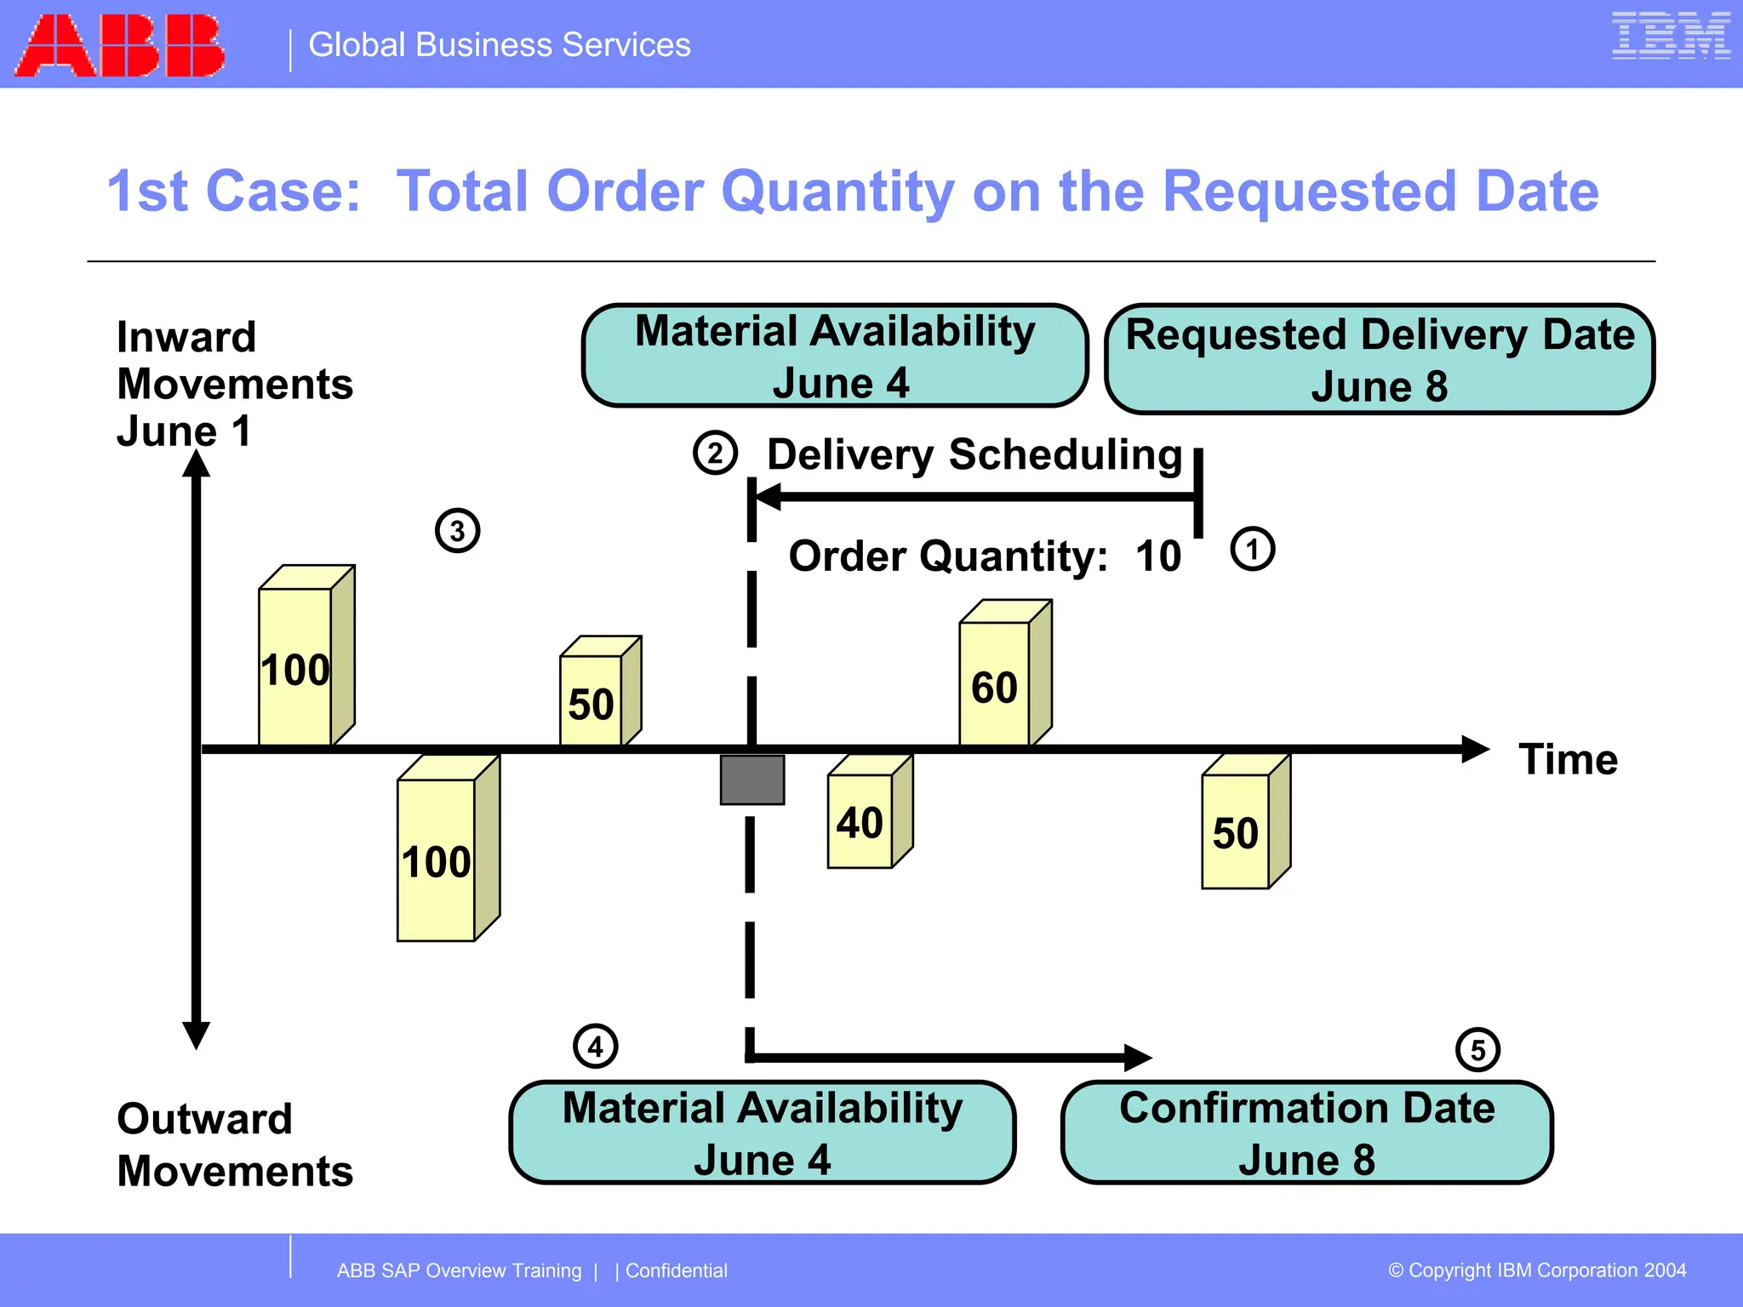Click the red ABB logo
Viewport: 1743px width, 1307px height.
[x=120, y=46]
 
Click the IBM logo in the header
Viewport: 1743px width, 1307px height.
[x=1671, y=37]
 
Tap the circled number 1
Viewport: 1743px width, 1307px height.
[x=1252, y=549]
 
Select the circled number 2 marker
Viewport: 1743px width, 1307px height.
[x=715, y=453]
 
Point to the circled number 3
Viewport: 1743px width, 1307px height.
[x=457, y=531]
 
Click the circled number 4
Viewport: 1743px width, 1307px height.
[x=595, y=1047]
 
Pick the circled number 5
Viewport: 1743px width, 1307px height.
[x=1477, y=1050]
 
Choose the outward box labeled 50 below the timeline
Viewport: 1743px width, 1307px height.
[x=1243, y=825]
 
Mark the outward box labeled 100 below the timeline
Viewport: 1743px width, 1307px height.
[x=445, y=851]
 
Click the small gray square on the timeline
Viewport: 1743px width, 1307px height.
[x=752, y=779]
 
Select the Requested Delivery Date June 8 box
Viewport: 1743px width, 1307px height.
[x=1379, y=359]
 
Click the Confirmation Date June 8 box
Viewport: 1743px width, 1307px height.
[x=1306, y=1133]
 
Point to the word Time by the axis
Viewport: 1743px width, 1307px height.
[x=1568, y=759]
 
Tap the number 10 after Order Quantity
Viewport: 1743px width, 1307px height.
[x=1158, y=556]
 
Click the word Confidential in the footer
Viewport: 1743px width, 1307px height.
[x=677, y=1270]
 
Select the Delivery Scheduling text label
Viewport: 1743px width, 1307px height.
[x=974, y=454]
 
